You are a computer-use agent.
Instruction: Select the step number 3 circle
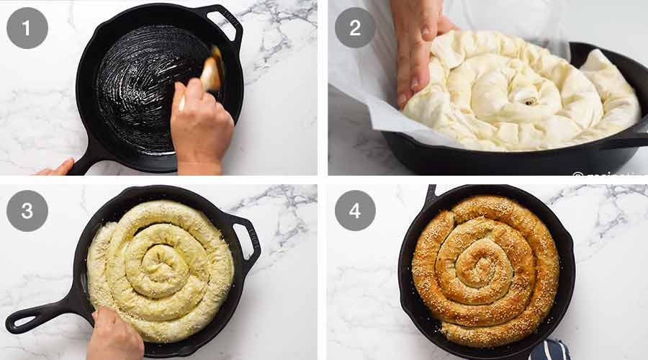coord(27,210)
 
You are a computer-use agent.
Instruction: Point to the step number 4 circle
coord(355,210)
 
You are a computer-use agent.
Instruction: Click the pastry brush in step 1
coord(210,72)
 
